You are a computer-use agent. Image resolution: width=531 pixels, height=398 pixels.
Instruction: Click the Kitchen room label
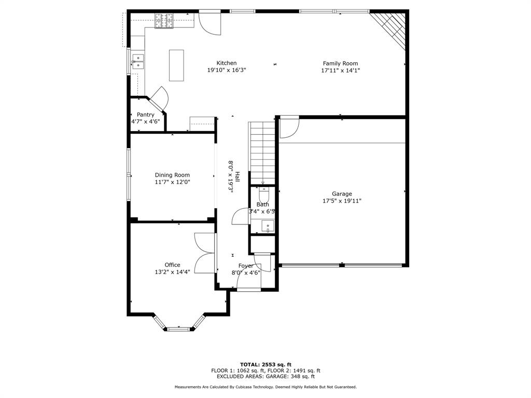227,63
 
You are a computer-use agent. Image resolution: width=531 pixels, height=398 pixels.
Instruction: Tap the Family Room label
340,63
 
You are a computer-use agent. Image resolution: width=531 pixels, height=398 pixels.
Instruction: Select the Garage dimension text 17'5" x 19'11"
342,201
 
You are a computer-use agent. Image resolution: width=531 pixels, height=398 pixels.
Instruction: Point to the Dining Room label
172,175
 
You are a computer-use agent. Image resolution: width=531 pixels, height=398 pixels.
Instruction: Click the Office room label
172,265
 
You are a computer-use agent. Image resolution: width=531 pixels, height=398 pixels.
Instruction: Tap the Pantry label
145,115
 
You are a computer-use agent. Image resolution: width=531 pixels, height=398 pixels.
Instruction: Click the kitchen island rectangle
176,65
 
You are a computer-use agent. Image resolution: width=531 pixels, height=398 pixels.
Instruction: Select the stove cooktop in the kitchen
164,21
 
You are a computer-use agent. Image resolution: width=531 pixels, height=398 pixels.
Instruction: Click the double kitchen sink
138,62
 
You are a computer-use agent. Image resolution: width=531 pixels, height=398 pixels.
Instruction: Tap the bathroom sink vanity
267,226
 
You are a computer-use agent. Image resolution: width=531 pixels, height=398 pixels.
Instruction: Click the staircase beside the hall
262,153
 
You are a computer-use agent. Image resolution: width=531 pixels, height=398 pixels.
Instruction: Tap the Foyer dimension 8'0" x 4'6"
246,273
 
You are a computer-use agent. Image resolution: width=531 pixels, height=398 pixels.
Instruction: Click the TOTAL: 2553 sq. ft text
266,364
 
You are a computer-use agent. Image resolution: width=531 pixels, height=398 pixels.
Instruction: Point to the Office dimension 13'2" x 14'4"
172,272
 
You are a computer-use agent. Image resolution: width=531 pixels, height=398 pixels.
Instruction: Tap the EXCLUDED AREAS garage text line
266,376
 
